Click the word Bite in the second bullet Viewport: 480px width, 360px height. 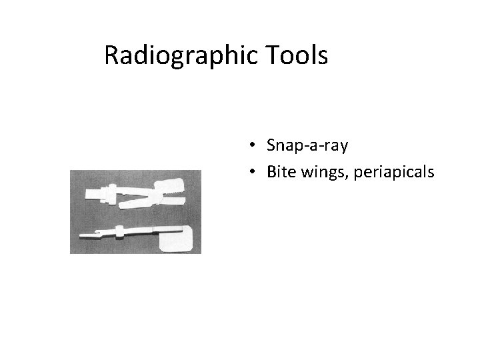pos(279,173)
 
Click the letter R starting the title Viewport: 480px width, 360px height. pos(112,57)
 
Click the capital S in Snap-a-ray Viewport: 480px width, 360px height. pos(271,145)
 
